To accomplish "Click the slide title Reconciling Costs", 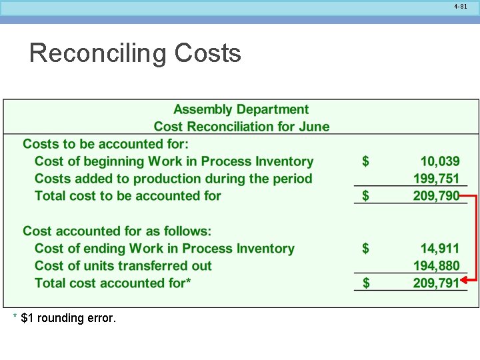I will point(135,53).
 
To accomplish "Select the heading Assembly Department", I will point(241,109).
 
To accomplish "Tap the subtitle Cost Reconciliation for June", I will point(241,127).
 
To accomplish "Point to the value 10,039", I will point(439,161).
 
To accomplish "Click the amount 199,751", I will point(436,179).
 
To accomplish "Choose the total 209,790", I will point(436,196).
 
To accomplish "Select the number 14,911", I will point(439,249).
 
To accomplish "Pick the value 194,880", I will point(436,266).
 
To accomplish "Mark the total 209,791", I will point(436,283).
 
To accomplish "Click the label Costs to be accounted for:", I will point(106,144).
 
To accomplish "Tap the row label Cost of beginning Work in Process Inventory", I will point(173,161).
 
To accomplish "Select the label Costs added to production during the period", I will point(173,179).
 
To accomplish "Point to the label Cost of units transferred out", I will point(123,266).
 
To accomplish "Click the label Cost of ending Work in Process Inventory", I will point(164,249).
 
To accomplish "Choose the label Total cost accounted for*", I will point(113,283).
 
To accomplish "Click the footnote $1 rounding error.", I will point(68,318).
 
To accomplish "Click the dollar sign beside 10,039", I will point(365,161).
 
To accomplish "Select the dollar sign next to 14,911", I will point(365,249).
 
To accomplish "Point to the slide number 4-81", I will point(460,7).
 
